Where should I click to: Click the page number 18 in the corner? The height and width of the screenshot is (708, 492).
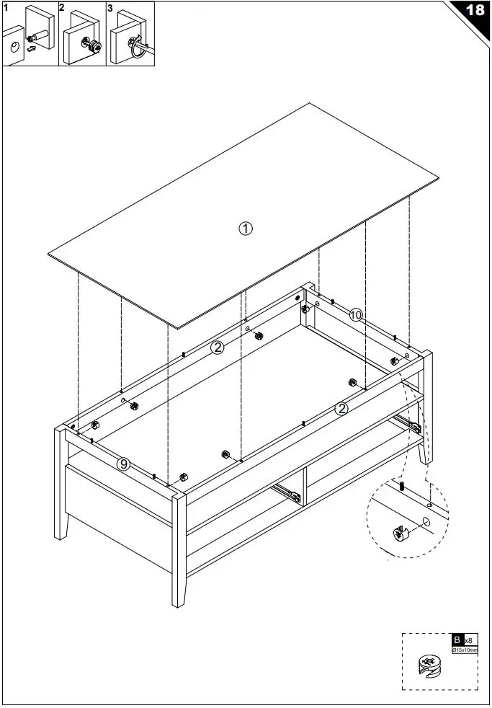(476, 11)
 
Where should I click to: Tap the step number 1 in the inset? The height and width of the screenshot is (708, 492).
(6, 8)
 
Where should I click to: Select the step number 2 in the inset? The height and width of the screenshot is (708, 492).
(61, 8)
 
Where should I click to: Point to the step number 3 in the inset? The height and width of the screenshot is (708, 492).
(110, 8)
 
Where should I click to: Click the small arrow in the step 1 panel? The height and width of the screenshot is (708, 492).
(30, 50)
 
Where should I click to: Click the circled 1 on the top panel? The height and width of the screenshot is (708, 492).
(245, 229)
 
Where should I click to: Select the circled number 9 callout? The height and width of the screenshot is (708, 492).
(124, 464)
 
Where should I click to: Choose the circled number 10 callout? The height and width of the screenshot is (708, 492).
(356, 314)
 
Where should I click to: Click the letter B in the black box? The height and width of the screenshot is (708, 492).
(457, 640)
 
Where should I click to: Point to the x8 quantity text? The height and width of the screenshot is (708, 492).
(468, 640)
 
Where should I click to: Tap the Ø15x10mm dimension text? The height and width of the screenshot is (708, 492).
(464, 650)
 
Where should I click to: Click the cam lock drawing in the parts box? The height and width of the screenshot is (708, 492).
(429, 668)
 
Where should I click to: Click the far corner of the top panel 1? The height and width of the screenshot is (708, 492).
(310, 103)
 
